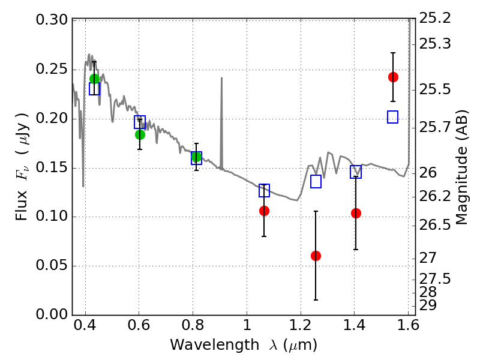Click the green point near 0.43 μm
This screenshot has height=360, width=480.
pos(94,79)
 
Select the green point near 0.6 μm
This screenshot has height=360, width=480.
pos(140,134)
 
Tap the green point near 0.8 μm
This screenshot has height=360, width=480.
pos(196,157)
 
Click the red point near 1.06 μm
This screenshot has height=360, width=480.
pos(264,211)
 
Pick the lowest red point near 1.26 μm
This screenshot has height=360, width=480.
pos(316,256)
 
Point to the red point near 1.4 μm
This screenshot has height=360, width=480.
pos(356,213)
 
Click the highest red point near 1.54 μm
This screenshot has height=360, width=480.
pos(393,77)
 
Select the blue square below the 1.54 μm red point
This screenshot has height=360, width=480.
pos(393,117)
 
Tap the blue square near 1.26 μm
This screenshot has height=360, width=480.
pos(316,182)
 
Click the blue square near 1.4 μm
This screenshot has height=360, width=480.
pos(356,172)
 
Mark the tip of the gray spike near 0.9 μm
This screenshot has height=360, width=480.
pos(221,78)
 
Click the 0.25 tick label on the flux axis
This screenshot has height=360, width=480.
pos(52,69)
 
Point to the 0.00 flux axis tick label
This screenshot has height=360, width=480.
pos(52,314)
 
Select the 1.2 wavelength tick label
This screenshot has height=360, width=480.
pos(301,325)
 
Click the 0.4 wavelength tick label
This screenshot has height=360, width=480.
pos(85,325)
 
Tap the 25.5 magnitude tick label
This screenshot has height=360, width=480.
pos(435,90)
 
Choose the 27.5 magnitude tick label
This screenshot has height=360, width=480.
pos(435,278)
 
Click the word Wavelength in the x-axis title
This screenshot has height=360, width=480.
pos(215,345)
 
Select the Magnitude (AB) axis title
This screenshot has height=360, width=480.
pos(462,167)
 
